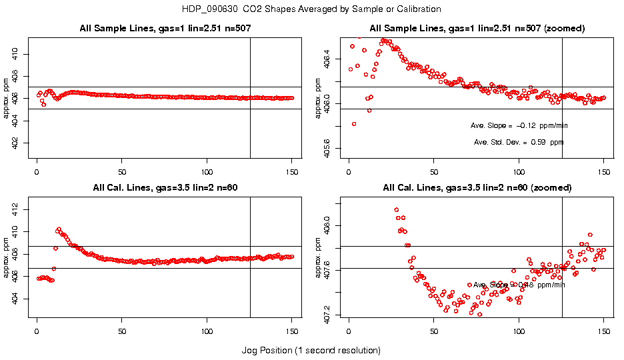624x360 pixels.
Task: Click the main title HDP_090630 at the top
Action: click(311, 9)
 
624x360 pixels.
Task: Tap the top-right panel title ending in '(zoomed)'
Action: click(477, 29)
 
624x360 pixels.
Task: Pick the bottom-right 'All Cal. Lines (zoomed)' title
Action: click(477, 187)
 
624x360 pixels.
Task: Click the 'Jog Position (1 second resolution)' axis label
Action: click(311, 350)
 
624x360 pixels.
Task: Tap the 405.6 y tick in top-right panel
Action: click(336, 148)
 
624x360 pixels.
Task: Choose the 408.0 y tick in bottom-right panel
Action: click(336, 225)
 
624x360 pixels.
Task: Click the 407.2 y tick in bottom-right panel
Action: click(336, 311)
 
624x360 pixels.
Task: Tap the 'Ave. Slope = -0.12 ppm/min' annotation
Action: click(519, 125)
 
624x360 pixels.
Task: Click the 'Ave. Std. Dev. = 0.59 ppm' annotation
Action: click(519, 142)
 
